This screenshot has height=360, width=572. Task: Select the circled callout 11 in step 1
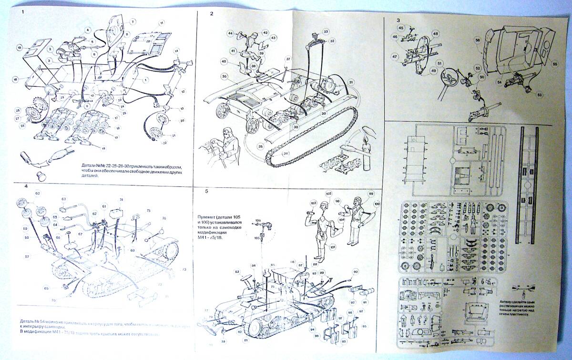click(162, 23)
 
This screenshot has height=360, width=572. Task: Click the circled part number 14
click(176, 51)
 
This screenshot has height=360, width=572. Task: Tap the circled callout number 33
click(326, 31)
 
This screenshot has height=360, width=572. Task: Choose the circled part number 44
click(230, 33)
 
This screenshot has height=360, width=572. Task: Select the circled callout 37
click(288, 59)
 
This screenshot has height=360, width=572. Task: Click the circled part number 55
click(554, 64)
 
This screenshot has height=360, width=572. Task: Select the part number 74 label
click(122, 200)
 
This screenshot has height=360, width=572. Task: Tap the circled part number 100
click(377, 205)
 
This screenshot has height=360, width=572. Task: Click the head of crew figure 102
click(322, 206)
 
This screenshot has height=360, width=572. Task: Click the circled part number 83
click(237, 272)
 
